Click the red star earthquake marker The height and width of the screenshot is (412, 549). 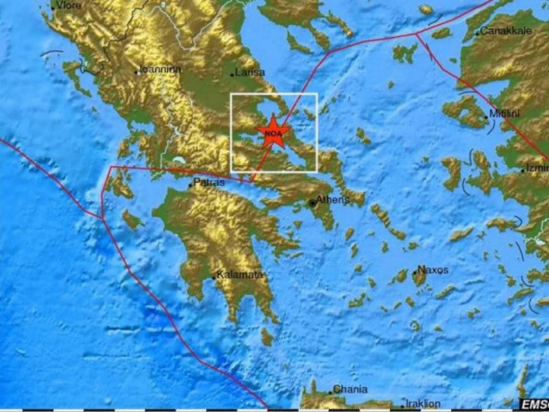[274, 132]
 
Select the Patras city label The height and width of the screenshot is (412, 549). [209, 182]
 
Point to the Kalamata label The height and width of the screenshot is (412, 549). [238, 275]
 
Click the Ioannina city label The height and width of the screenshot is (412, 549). [161, 69]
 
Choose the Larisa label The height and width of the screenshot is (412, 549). [250, 72]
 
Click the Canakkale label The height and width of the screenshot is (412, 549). [506, 31]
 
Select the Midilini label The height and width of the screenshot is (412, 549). [504, 113]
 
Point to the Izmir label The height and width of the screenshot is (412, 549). [538, 168]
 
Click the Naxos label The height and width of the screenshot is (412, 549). [432, 270]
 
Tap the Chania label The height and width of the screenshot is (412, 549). [350, 389]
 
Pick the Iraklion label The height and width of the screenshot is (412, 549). [423, 403]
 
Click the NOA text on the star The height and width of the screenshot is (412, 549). [274, 134]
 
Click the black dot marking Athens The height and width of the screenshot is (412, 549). [312, 203]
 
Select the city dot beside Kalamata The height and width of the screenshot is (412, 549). [214, 277]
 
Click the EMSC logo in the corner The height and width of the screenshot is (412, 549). [533, 403]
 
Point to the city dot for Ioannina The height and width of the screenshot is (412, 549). [137, 71]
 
